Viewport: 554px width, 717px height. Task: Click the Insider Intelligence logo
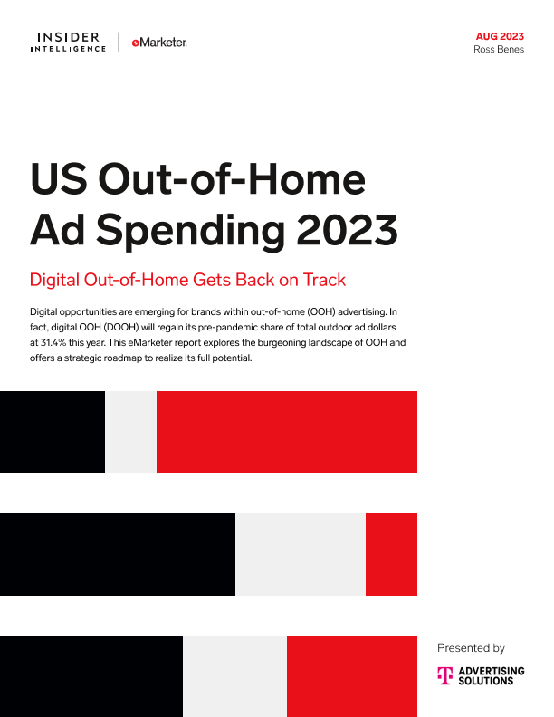pyautogui.click(x=69, y=42)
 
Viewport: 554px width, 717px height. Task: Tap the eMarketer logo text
pyautogui.click(x=159, y=43)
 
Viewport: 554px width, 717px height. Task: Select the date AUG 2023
pyautogui.click(x=500, y=36)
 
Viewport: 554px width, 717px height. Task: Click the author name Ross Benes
pyautogui.click(x=499, y=50)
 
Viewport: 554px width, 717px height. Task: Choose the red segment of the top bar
pyautogui.click(x=286, y=432)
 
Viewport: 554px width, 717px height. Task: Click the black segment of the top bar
pyautogui.click(x=53, y=432)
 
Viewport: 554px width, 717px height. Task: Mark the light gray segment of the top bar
pyautogui.click(x=130, y=432)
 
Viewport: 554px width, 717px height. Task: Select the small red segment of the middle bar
pyautogui.click(x=391, y=554)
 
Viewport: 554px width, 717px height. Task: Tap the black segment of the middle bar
pyautogui.click(x=118, y=554)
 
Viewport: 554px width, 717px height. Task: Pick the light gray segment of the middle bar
pyautogui.click(x=300, y=554)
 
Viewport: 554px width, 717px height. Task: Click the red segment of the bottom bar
pyautogui.click(x=351, y=675)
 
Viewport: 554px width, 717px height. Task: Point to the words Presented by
pyautogui.click(x=471, y=648)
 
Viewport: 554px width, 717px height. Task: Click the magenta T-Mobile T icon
pyautogui.click(x=444, y=675)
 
